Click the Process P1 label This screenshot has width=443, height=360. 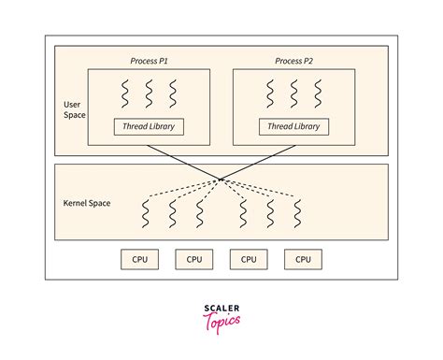click(x=150, y=61)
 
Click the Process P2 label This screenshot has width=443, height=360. click(x=294, y=61)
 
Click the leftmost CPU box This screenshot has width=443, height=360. click(x=139, y=259)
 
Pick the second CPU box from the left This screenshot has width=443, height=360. click(x=193, y=259)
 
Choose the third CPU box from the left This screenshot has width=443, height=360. click(x=249, y=259)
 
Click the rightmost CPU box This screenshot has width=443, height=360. click(x=303, y=259)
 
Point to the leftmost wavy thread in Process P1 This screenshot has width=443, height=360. click(x=124, y=94)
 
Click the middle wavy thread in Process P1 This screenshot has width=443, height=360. click(x=150, y=94)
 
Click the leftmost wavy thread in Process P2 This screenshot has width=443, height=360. click(x=270, y=94)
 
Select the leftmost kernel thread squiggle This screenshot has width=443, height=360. click(x=146, y=214)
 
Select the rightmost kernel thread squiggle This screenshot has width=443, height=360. click(x=297, y=214)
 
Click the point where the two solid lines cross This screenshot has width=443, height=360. click(x=221, y=179)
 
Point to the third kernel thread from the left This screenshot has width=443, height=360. click(x=200, y=214)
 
